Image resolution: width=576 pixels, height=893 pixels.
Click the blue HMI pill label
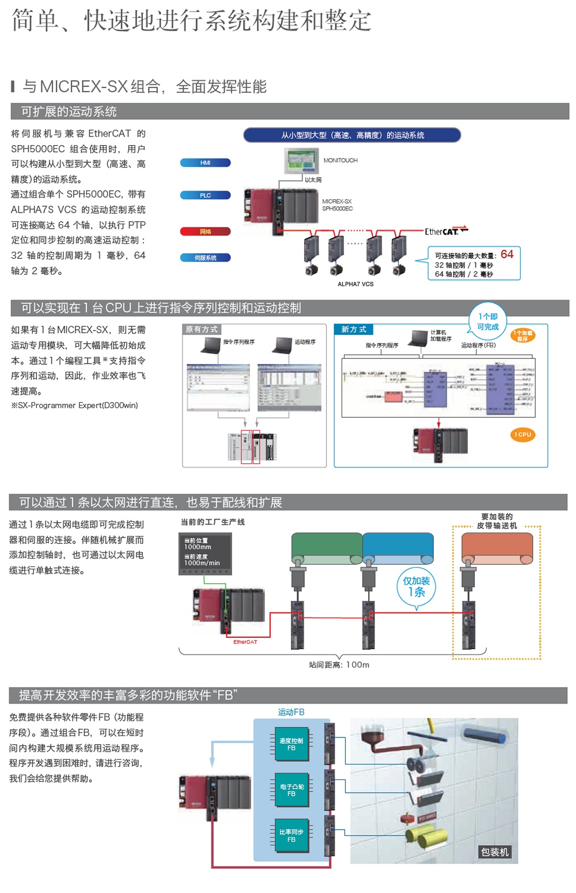point(205,163)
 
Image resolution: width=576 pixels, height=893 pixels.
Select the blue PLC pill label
point(205,195)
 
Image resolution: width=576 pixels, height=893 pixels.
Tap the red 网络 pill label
point(205,232)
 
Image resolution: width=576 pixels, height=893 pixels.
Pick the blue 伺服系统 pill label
point(205,258)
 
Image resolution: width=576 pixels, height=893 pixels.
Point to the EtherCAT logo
point(446,231)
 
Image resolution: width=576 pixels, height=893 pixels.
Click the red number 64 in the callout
point(507,254)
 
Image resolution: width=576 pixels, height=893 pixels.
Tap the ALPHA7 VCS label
point(355,284)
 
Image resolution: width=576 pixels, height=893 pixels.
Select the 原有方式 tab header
point(202,330)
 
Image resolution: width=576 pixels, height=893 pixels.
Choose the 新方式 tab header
point(354,330)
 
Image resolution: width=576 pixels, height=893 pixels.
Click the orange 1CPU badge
point(523,434)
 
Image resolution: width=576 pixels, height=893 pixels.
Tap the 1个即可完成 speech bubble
point(488,321)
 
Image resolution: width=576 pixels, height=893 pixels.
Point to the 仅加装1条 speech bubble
point(416,586)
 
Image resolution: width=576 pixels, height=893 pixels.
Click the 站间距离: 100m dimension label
point(339,665)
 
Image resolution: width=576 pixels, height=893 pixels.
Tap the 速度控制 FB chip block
point(291,744)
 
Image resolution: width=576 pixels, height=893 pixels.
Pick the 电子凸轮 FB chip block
point(291,790)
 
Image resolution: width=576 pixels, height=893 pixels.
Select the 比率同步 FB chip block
point(291,835)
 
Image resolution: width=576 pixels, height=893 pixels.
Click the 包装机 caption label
point(495,852)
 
